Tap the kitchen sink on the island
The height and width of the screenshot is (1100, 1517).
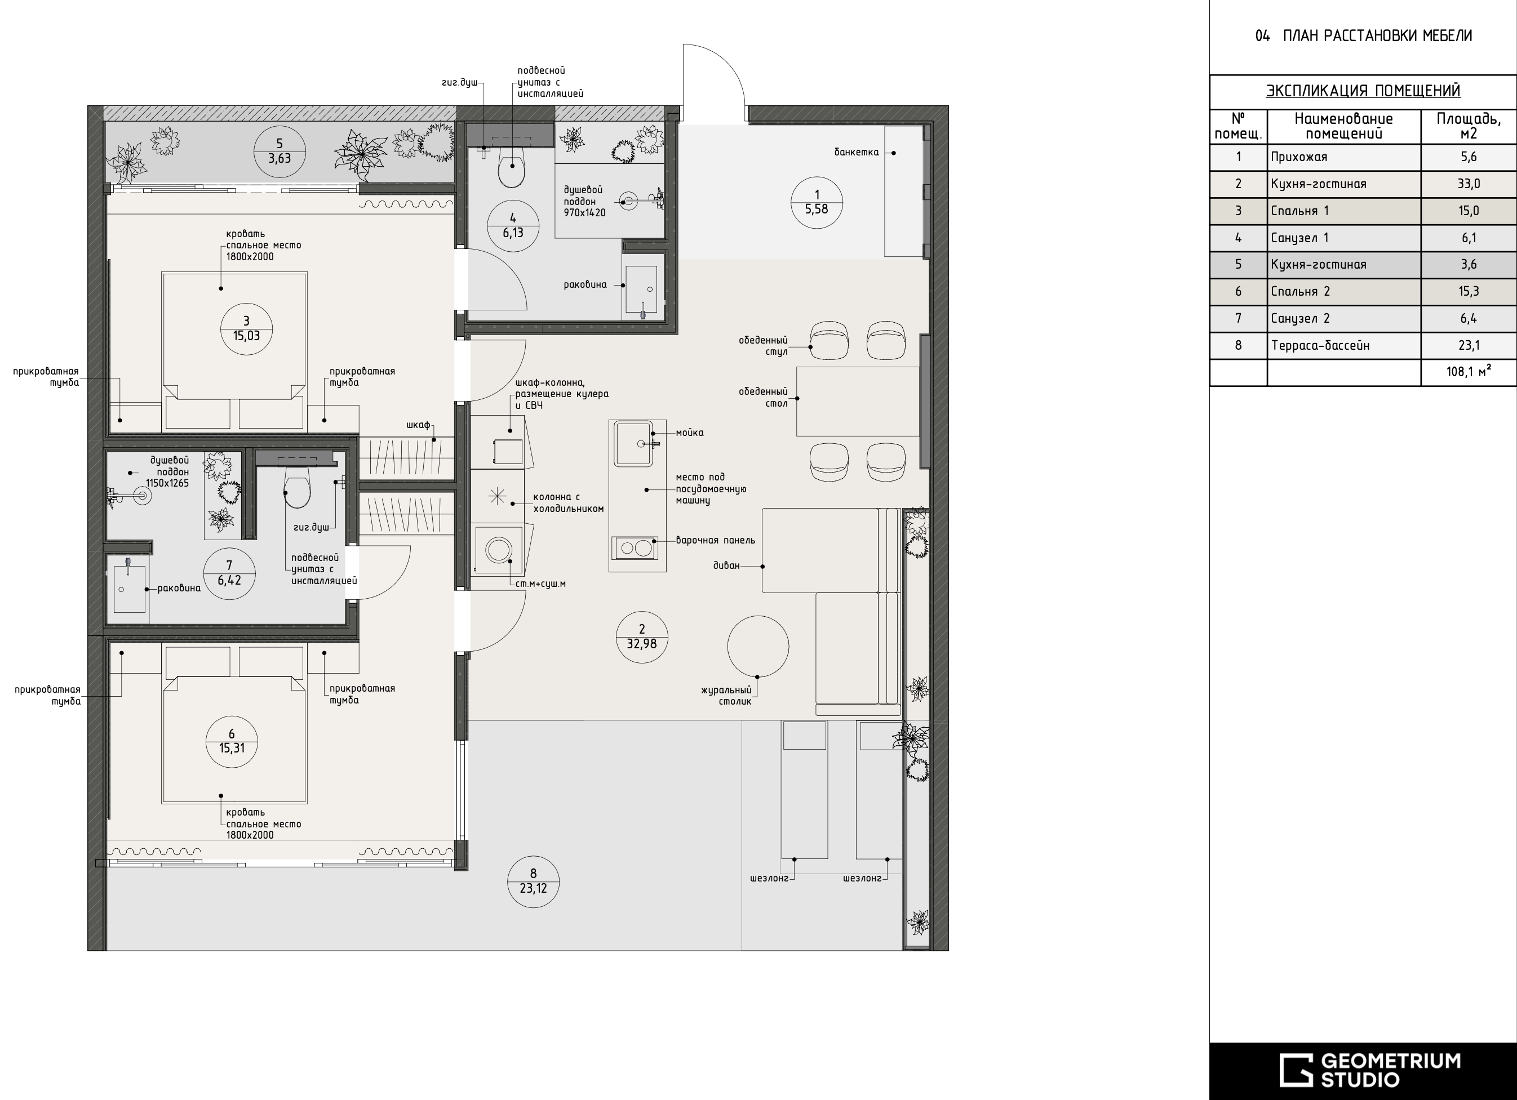pos(633,443)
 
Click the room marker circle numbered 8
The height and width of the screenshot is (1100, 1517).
pos(533,881)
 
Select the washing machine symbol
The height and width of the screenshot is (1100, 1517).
pos(498,550)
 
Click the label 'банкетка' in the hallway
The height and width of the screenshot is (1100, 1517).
pos(856,153)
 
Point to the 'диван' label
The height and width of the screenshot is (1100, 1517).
pos(726,565)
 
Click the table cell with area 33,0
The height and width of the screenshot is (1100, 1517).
pos(1468,184)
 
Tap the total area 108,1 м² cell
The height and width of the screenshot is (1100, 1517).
pos(1468,372)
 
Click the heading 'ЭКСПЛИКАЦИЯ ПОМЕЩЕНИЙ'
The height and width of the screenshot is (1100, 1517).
pos(1363,91)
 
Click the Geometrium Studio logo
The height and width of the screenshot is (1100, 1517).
pos(1370,1070)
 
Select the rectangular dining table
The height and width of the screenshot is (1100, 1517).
pos(858,401)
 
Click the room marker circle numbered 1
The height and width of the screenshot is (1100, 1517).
pos(816,203)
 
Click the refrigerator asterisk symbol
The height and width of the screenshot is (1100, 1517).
pos(497,496)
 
